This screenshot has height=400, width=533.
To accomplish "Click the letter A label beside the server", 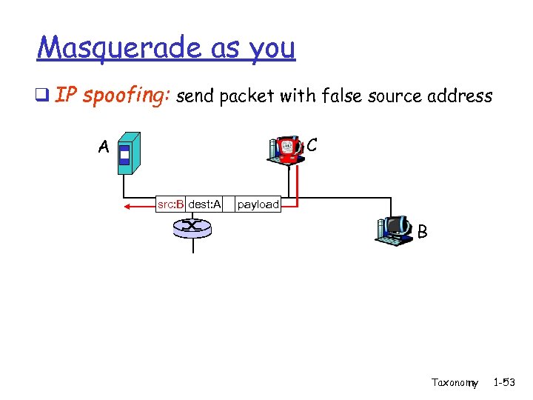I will (x=104, y=147).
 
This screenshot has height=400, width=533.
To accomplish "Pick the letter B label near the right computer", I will (x=422, y=232).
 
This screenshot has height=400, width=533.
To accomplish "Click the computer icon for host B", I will (x=394, y=229).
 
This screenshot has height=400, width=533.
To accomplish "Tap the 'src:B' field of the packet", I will (x=170, y=204).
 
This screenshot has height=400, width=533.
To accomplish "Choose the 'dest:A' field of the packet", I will (x=204, y=204).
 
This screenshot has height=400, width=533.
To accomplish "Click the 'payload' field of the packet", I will (x=258, y=204).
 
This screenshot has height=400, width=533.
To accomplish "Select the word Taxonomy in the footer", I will (x=455, y=382).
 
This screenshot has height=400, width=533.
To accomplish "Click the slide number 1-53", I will (x=506, y=382).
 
